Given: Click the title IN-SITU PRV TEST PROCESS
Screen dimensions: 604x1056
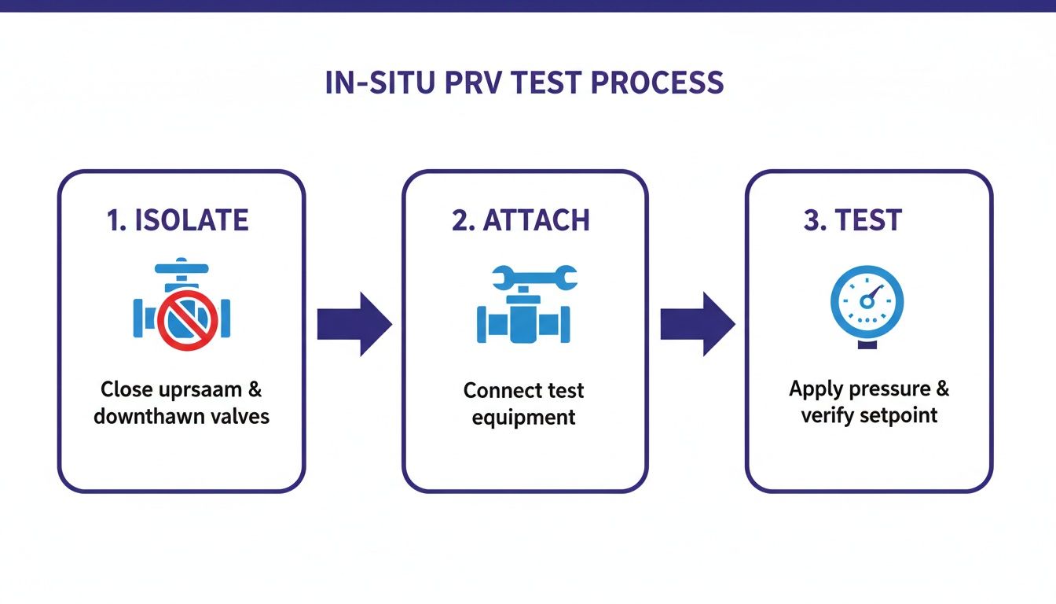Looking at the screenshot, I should point(524,83).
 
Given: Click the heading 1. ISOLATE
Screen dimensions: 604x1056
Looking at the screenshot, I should point(178,221).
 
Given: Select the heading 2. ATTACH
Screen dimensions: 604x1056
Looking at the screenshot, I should point(521,221).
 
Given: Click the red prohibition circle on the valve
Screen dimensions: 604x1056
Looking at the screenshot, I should point(187,319).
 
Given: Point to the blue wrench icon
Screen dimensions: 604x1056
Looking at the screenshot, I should point(534,277).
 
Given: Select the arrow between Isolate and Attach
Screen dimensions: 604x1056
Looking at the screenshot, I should point(354,323).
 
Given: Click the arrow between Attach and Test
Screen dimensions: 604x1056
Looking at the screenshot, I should point(697,323).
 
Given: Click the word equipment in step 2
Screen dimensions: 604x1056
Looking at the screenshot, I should point(523,417).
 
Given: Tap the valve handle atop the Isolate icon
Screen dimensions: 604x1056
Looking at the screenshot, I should point(181,268).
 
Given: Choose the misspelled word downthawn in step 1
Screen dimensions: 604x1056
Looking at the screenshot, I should point(145,415).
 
